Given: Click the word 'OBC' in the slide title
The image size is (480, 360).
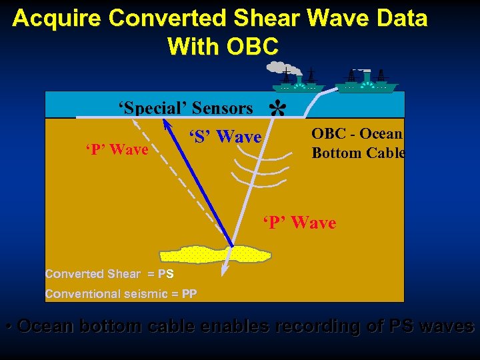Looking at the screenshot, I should click(x=252, y=47).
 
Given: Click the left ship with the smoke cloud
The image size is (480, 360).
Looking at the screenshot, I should click(x=298, y=82).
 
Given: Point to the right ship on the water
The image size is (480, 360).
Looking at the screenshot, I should click(x=367, y=81).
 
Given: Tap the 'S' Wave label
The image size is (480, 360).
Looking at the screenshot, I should click(x=225, y=137).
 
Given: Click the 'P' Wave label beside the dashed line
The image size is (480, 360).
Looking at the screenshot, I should click(x=117, y=150).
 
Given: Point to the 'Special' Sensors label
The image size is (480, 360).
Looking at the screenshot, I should click(x=185, y=108).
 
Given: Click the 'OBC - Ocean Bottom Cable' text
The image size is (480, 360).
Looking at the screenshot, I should click(x=357, y=143).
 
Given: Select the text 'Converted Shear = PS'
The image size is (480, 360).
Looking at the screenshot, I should click(x=109, y=274).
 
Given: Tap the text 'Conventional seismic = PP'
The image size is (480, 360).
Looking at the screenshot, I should click(x=121, y=294).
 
